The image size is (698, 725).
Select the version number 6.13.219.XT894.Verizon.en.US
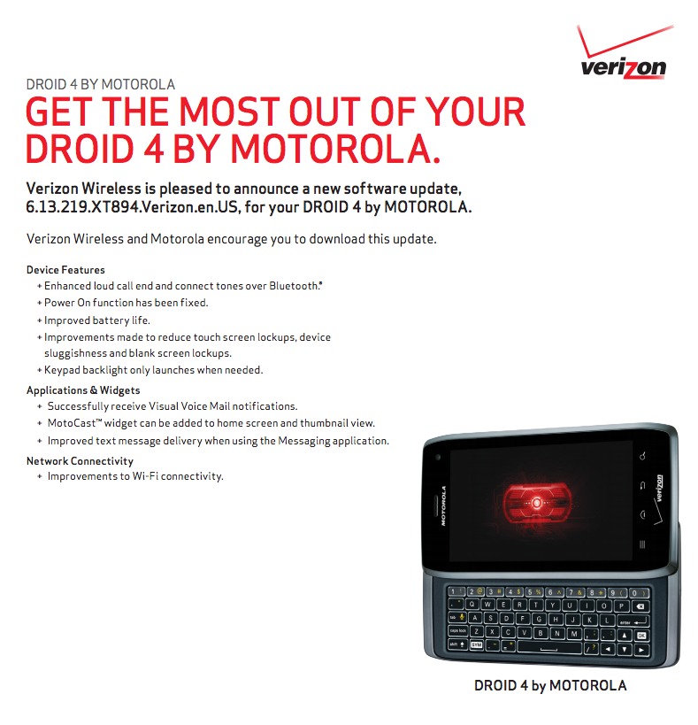coord(132,206)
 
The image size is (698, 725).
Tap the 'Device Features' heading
coord(65,270)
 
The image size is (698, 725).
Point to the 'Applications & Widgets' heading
coord(83,390)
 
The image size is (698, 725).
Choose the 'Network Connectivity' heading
coord(80,461)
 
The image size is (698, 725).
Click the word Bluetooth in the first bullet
coord(295,286)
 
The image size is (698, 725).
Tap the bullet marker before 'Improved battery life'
coord(40,320)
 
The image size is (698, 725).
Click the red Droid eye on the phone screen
coord(537,503)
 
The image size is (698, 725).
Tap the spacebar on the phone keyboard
coord(549,647)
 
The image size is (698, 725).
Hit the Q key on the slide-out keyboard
coord(472,604)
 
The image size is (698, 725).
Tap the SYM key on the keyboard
coord(476,644)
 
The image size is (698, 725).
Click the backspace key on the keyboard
coord(640,606)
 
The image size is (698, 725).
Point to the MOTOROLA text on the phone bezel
coord(443,505)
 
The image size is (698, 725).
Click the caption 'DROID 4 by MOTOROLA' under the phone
coord(550,685)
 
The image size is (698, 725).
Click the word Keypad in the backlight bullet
coord(62,370)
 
